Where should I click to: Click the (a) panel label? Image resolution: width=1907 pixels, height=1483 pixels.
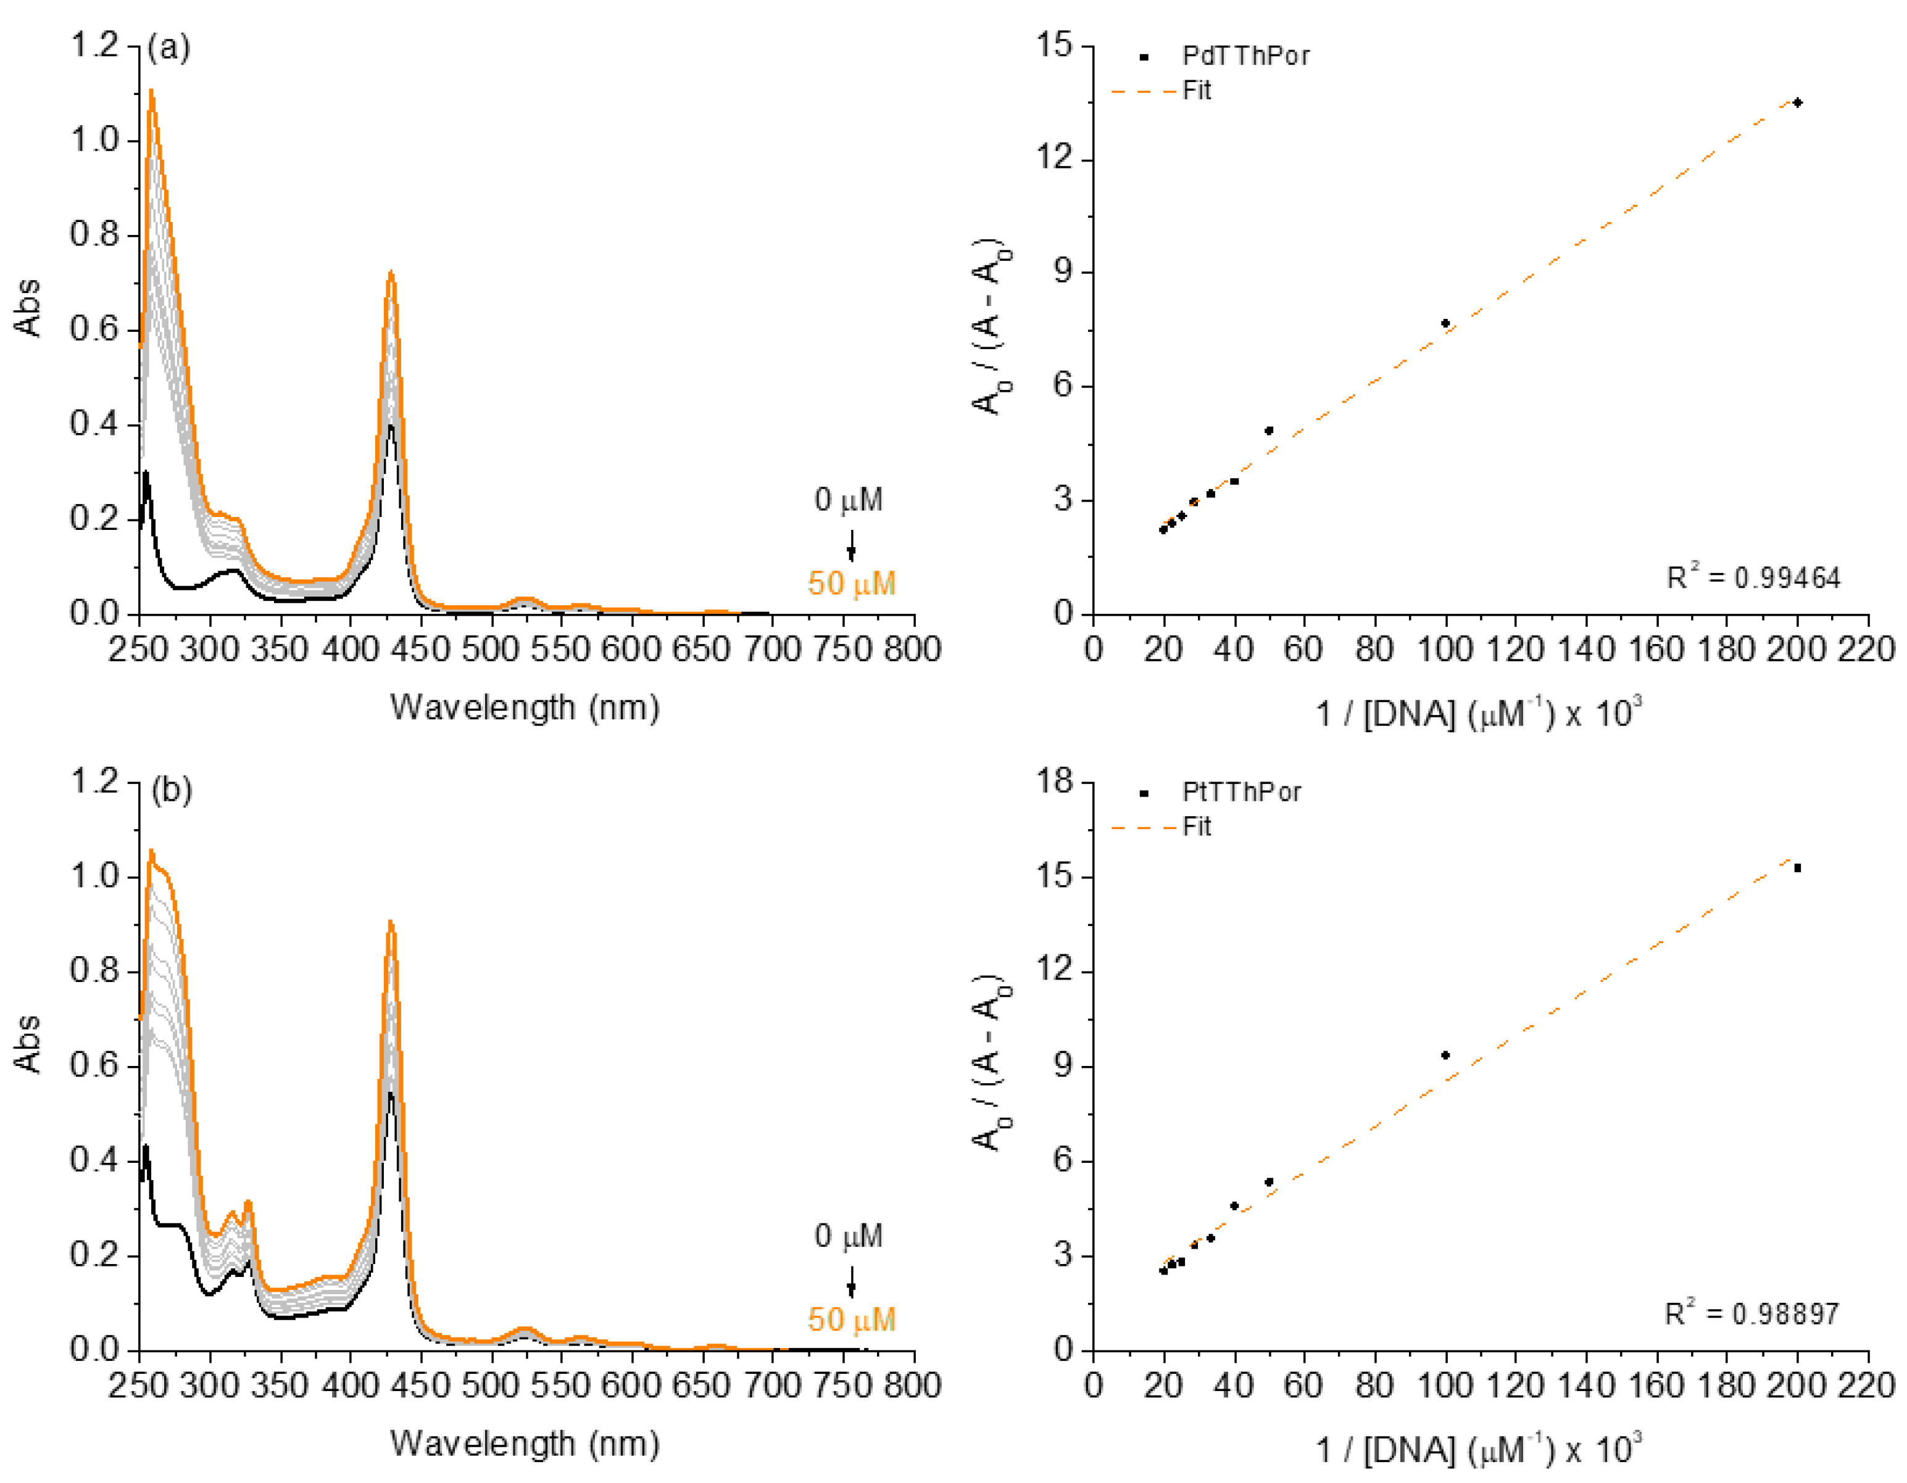point(168,47)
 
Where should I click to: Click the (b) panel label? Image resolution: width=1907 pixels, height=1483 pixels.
point(171,790)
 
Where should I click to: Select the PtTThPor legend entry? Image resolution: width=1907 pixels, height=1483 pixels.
point(1240,793)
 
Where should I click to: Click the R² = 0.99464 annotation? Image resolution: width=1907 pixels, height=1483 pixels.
point(1753,578)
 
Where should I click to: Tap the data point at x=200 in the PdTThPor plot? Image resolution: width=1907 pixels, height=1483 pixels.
point(1798,103)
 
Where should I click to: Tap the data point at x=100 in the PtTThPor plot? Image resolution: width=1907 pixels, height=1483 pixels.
point(1445,1055)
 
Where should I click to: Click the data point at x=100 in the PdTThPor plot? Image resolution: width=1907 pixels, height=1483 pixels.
point(1445,324)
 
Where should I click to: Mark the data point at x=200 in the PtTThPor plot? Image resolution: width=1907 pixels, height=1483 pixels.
point(1798,869)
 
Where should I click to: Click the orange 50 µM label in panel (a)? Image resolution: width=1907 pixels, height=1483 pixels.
point(851,583)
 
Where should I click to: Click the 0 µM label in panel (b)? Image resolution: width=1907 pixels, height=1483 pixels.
point(848,1236)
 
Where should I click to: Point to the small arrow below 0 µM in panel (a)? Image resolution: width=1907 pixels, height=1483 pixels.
point(851,547)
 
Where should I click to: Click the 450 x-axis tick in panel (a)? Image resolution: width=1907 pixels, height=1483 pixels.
point(421,650)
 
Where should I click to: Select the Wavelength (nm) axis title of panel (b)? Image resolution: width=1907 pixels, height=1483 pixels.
point(525,1443)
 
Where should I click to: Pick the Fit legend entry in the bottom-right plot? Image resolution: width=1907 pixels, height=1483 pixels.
point(1195,827)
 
